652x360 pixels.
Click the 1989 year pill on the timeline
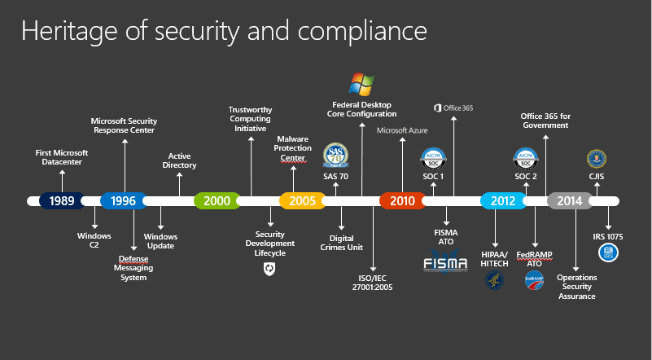62,200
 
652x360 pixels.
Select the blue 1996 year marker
123,200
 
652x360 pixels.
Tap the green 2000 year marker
217,200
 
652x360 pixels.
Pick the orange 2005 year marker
302,200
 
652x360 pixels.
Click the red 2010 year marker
402,200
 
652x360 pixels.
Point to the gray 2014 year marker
570,200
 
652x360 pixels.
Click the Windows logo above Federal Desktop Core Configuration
361,84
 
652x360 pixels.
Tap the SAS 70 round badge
335,155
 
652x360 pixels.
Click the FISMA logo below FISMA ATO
446,261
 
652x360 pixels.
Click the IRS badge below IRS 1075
608,253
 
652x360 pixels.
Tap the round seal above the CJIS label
596,157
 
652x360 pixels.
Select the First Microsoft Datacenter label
62,156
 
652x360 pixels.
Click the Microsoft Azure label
402,130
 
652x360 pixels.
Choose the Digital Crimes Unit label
342,242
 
